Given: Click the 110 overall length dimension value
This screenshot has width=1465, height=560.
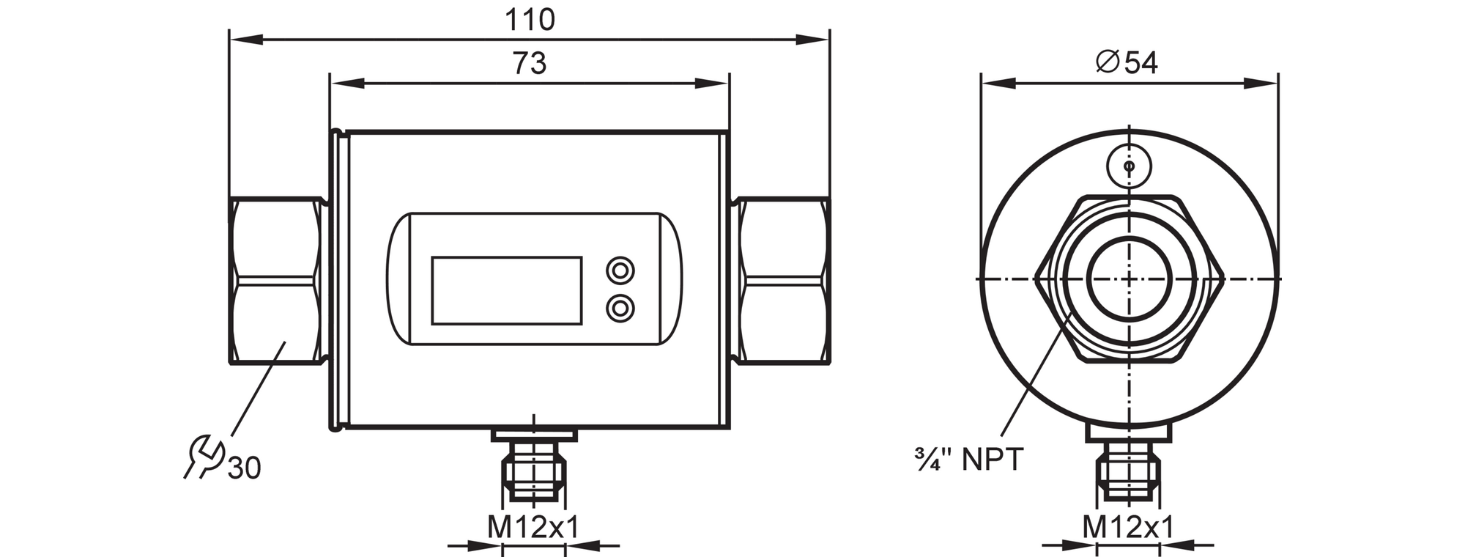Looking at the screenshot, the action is tap(530, 20).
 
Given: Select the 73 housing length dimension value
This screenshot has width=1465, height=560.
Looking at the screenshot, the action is tap(530, 64).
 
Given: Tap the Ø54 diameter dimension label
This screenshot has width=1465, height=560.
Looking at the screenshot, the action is tap(1127, 63).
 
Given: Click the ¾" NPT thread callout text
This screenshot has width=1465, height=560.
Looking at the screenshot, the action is tap(968, 460).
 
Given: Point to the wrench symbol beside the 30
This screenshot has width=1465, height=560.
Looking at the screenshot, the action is tap(203, 456).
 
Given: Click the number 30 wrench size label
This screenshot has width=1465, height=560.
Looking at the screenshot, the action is tap(244, 468).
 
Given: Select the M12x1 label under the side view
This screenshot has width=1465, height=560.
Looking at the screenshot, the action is tap(533, 527).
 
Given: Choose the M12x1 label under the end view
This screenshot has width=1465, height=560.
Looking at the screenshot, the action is tap(1128, 527).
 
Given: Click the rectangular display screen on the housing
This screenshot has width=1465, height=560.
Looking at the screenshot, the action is tap(507, 290).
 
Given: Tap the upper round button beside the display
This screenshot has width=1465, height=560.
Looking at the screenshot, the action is tap(620, 270).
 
